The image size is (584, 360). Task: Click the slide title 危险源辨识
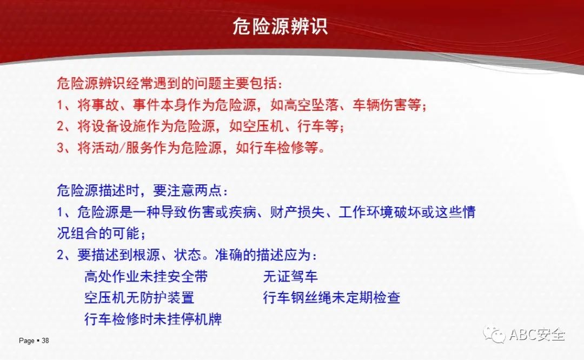(280, 26)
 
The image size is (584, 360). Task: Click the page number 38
(45, 341)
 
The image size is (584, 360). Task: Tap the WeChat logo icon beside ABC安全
(494, 335)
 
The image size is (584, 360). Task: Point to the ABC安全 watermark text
(537, 334)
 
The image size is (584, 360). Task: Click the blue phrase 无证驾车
(290, 277)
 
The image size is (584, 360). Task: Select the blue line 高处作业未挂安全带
(146, 277)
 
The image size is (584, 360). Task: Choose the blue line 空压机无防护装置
(140, 298)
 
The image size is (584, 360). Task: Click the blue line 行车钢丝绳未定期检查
(331, 298)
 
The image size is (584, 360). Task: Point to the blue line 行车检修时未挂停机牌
(153, 319)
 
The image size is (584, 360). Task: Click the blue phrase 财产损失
(297, 212)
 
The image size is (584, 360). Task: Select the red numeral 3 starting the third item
(61, 148)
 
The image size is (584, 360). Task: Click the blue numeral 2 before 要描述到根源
(61, 255)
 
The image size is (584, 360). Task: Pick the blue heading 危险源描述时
(98, 191)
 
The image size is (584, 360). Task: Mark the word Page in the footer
(26, 341)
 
